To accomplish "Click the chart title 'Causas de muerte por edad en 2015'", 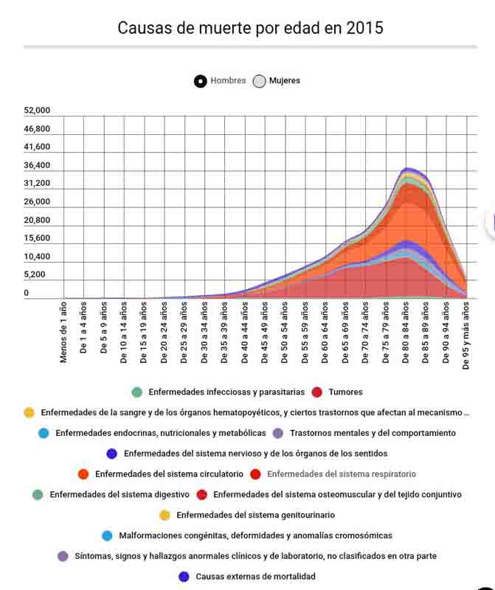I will pos(250,29).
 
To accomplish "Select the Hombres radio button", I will pos(201,81).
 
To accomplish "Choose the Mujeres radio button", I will pos(259,81).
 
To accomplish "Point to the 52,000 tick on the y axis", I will pos(37,111).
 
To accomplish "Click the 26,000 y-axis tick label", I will pos(37,202).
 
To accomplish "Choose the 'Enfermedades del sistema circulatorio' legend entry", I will pos(168,473).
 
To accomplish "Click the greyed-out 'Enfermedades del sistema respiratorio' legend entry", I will pos(341,473).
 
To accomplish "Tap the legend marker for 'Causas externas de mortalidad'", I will pos(184,576).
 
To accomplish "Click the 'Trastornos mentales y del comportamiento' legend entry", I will pos(373,433).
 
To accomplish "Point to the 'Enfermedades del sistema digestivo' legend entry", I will pos(119,494).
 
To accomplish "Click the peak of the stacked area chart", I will pos(408,169).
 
